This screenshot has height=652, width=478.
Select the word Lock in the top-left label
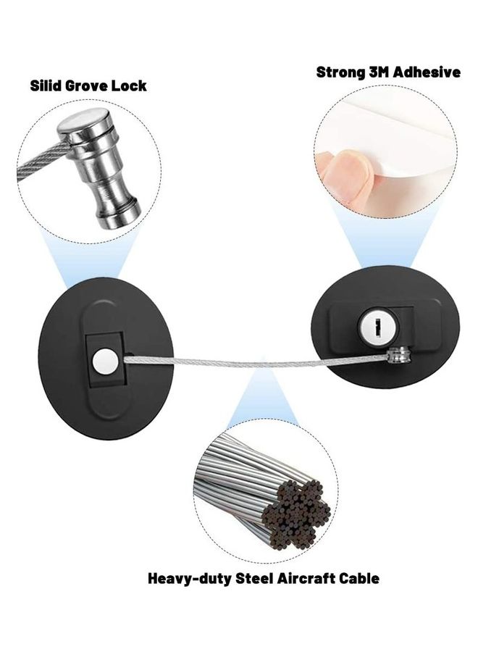tap(132, 85)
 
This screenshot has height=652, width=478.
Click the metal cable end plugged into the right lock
tap(398, 354)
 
